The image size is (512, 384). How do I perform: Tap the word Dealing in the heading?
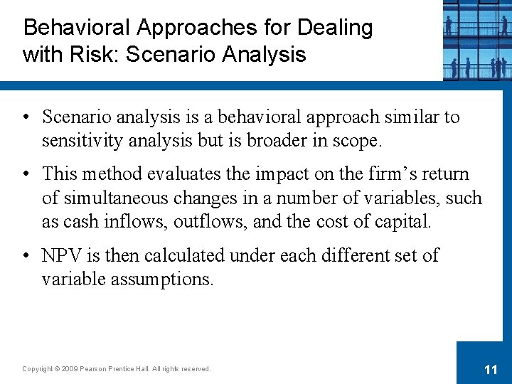335,28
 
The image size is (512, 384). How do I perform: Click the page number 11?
490,369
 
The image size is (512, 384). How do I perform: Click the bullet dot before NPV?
26,255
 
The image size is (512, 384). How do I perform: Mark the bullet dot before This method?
26,174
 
